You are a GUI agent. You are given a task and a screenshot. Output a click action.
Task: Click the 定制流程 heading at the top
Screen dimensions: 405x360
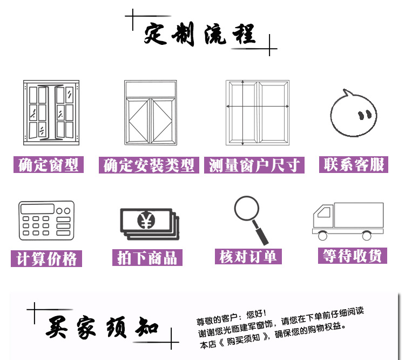click(x=199, y=35)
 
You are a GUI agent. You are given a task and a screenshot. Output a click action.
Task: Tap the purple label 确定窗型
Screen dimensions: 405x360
click(x=49, y=165)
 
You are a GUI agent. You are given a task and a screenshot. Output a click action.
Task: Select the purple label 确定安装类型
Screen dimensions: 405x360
click(x=148, y=165)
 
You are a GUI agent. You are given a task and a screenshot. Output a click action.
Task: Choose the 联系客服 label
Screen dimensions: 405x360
click(x=354, y=164)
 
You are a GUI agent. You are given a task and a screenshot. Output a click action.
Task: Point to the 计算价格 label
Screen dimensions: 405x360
click(x=46, y=258)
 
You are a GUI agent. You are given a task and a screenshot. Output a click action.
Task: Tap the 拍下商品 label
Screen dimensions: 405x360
click(x=147, y=257)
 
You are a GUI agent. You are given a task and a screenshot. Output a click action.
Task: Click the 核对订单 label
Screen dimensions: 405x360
click(x=248, y=256)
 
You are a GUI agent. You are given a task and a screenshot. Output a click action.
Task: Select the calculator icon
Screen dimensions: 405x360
click(x=46, y=221)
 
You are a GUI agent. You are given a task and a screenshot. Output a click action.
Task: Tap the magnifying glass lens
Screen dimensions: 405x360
click(x=247, y=208)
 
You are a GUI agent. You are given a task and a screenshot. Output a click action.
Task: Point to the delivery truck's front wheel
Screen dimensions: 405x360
click(x=323, y=236)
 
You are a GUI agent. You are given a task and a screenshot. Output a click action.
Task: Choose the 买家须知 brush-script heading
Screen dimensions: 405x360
click(x=103, y=327)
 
